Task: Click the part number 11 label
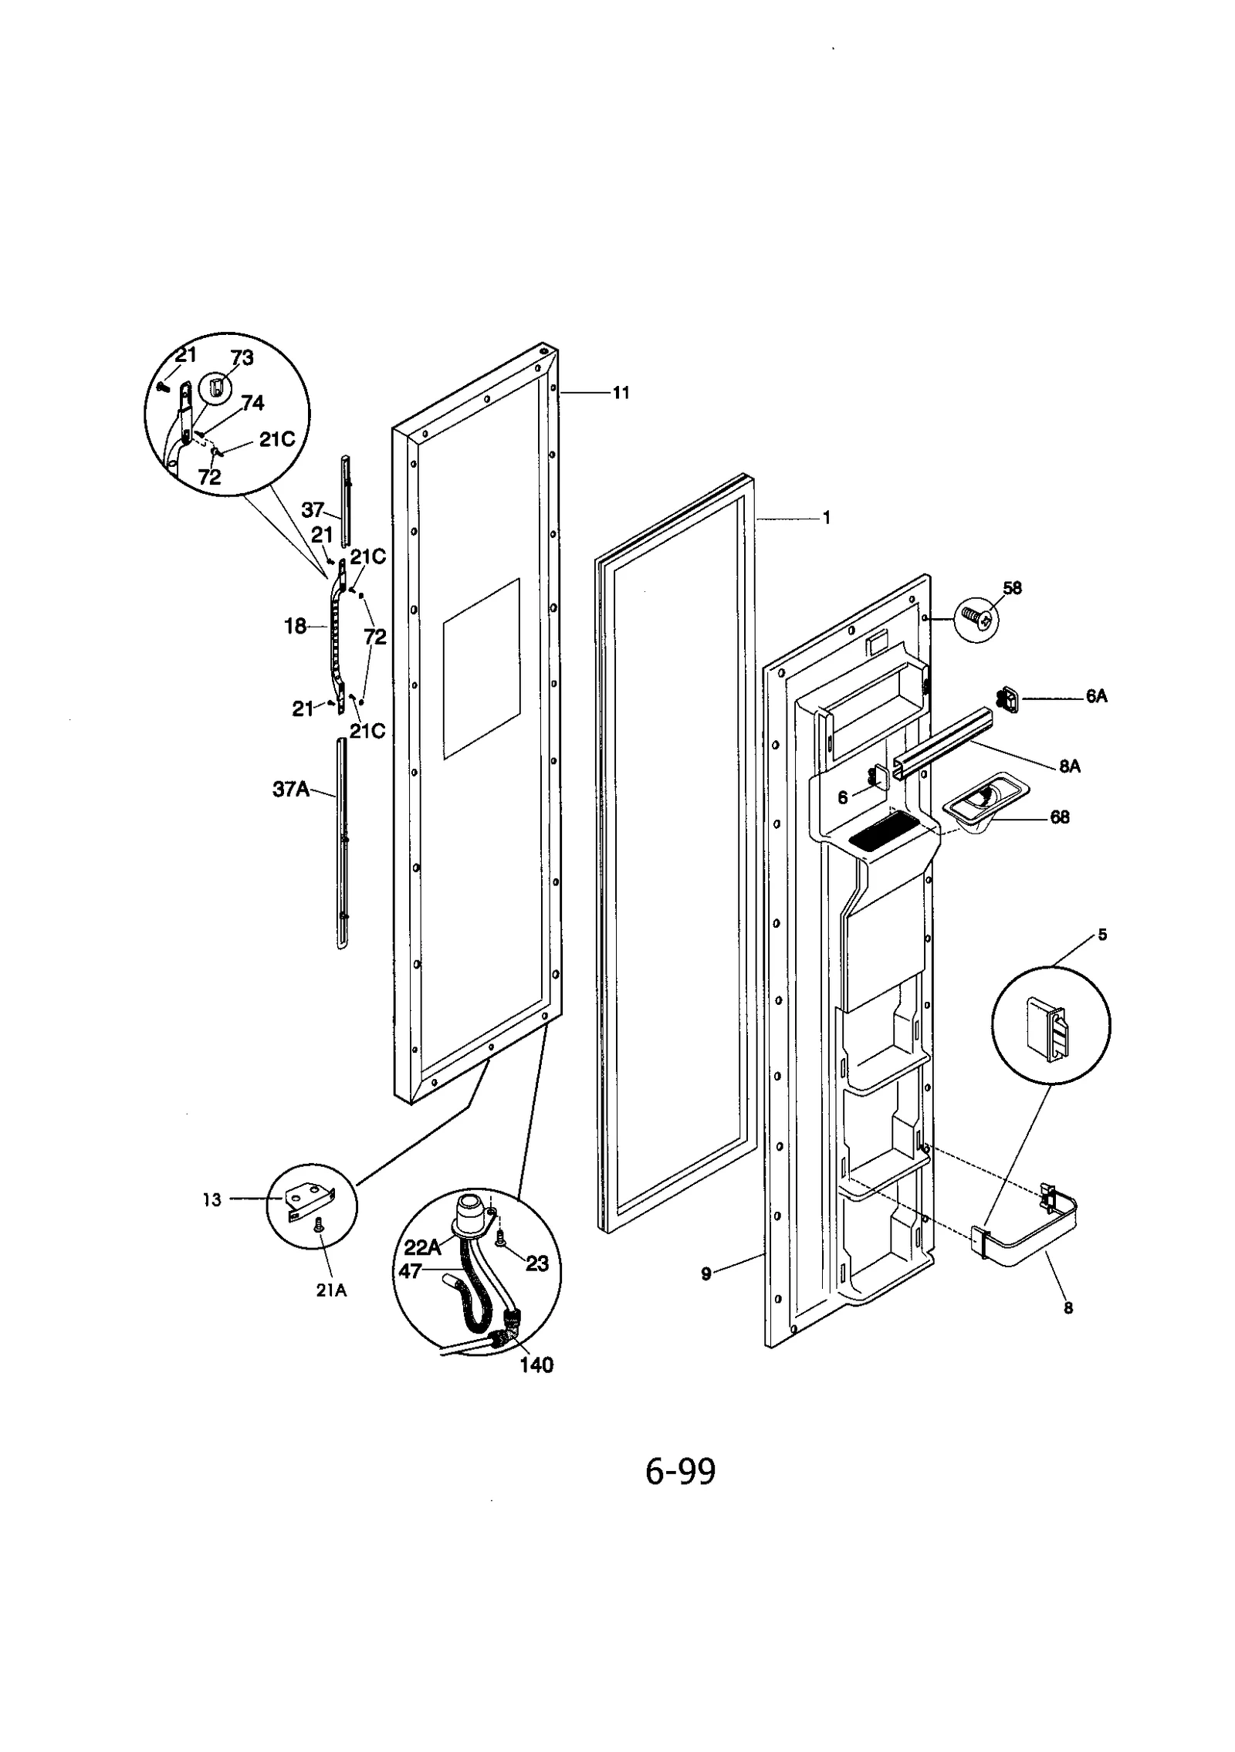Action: [621, 393]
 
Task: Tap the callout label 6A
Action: [1096, 696]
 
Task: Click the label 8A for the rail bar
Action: [1069, 766]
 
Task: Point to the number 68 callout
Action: [1060, 817]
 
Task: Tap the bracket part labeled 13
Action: [307, 1201]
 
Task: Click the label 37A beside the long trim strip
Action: [291, 790]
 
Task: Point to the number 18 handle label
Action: [296, 627]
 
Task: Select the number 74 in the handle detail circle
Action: [252, 403]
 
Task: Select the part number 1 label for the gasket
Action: [826, 519]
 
